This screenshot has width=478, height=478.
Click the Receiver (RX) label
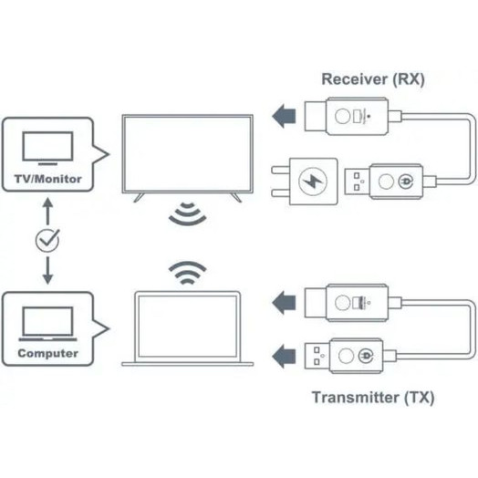(x=373, y=79)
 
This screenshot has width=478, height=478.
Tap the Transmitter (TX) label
(x=373, y=398)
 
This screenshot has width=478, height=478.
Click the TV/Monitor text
(x=47, y=179)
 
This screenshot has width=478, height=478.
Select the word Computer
(x=47, y=353)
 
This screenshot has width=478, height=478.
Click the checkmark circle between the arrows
(x=47, y=241)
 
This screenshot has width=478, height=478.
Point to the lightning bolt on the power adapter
(x=313, y=182)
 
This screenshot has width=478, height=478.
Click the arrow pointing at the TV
(x=284, y=116)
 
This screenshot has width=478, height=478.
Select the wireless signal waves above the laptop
(x=188, y=273)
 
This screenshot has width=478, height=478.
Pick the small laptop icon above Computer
(x=47, y=324)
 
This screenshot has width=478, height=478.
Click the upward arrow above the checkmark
(x=47, y=212)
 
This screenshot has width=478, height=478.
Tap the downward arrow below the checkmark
(x=47, y=271)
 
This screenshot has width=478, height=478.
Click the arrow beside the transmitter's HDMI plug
(x=284, y=303)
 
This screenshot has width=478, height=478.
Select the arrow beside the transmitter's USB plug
(x=284, y=357)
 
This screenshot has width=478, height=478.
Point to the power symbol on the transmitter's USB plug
(x=366, y=356)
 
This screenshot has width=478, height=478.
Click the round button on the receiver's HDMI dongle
(x=342, y=116)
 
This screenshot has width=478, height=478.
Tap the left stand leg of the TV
(x=139, y=198)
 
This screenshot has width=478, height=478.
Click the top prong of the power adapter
(x=280, y=170)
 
